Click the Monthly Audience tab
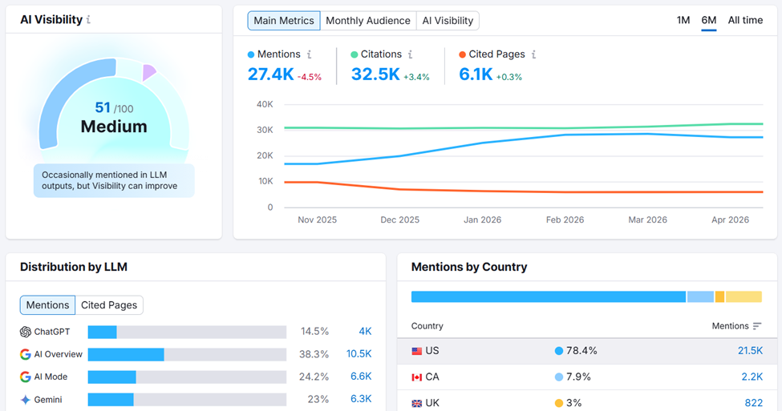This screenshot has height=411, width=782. click(368, 21)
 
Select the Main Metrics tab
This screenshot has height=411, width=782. click(284, 21)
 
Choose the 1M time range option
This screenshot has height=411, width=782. click(683, 20)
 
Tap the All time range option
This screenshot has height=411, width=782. click(745, 20)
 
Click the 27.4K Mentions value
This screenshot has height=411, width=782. click(270, 75)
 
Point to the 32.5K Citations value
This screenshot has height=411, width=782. click(375, 75)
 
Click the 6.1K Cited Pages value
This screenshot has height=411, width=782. click(476, 75)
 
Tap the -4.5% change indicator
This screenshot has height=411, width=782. click(310, 77)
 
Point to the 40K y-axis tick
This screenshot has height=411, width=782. click(265, 104)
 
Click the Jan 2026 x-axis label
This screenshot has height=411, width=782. click(482, 220)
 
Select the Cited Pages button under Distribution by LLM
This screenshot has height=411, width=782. click(109, 305)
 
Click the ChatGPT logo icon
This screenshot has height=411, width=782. click(26, 332)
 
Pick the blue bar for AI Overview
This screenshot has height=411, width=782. click(126, 354)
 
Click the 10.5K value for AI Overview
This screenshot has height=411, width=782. click(359, 354)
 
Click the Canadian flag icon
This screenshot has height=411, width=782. click(416, 377)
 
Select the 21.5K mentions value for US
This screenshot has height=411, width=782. click(750, 351)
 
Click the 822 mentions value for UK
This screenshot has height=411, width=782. click(753, 402)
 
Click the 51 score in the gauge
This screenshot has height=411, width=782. click(103, 107)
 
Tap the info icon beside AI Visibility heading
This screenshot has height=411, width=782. click(88, 20)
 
